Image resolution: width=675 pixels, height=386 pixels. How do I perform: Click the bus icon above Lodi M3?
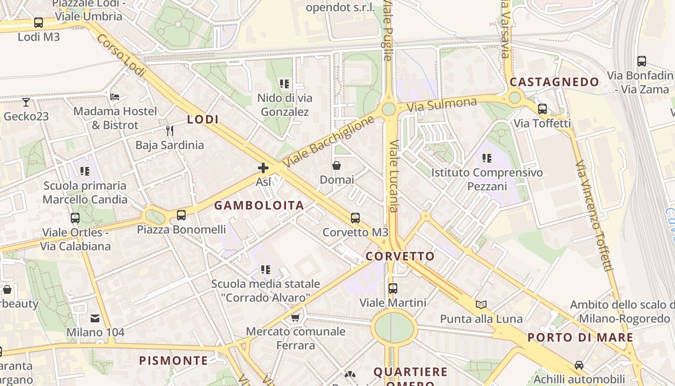(x=38, y=23)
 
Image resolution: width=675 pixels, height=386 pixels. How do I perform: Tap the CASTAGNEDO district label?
(x=554, y=82)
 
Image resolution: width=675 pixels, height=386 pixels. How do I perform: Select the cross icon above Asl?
(x=263, y=168)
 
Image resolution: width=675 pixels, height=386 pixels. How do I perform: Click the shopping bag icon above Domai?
(x=337, y=166)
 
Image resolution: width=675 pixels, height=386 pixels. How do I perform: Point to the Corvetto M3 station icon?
(x=355, y=218)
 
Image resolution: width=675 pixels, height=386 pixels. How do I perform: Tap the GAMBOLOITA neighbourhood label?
(x=259, y=206)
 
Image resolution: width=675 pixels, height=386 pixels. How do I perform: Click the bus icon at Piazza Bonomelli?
(x=181, y=215)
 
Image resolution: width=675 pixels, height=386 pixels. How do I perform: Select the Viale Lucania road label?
(x=393, y=176)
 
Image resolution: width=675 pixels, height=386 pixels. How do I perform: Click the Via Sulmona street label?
(x=442, y=104)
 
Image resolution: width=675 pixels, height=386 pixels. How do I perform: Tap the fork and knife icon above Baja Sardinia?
(x=169, y=131)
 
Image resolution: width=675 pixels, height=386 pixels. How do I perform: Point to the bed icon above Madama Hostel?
(x=115, y=97)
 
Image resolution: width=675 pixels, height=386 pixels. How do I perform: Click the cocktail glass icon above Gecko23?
(x=26, y=102)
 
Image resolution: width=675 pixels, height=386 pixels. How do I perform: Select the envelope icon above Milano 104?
(x=95, y=318)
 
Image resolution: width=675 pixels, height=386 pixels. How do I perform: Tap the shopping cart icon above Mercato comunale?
(x=296, y=317)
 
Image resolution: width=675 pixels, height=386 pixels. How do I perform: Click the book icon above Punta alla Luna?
(x=481, y=304)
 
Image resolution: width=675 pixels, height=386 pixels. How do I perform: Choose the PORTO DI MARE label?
(x=580, y=337)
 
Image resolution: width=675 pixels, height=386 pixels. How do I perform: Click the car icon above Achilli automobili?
(x=579, y=365)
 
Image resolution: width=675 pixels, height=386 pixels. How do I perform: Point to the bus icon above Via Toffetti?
(x=542, y=109)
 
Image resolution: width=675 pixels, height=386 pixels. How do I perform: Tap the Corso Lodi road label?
(x=121, y=55)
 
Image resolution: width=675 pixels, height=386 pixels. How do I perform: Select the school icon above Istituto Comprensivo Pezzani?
(x=487, y=158)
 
